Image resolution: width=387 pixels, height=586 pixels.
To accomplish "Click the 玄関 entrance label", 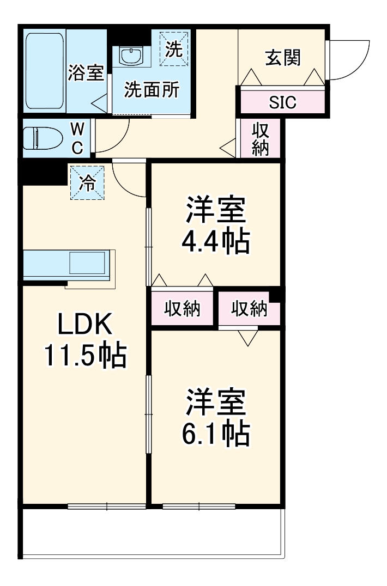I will pos(283,57).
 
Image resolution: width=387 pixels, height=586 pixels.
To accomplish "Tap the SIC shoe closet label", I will pos(282,102).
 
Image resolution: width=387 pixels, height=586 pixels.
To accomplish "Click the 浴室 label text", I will pos(86,74).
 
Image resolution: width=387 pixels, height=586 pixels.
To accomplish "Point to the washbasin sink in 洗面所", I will pos(131,55).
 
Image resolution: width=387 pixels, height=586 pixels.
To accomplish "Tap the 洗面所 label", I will pos(151,90).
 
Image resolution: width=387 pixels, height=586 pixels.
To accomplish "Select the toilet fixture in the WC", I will pos(43,138).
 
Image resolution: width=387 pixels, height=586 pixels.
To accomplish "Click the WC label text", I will pos(77,138).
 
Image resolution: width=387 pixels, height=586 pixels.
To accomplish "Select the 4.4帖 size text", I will pos(216,241).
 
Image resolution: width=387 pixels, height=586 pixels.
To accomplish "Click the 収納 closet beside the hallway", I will pos(261,139).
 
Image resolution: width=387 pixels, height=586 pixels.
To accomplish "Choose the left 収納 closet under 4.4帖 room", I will pos(183,309).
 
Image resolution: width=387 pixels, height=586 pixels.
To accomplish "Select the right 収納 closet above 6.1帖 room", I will pos(249,309).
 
